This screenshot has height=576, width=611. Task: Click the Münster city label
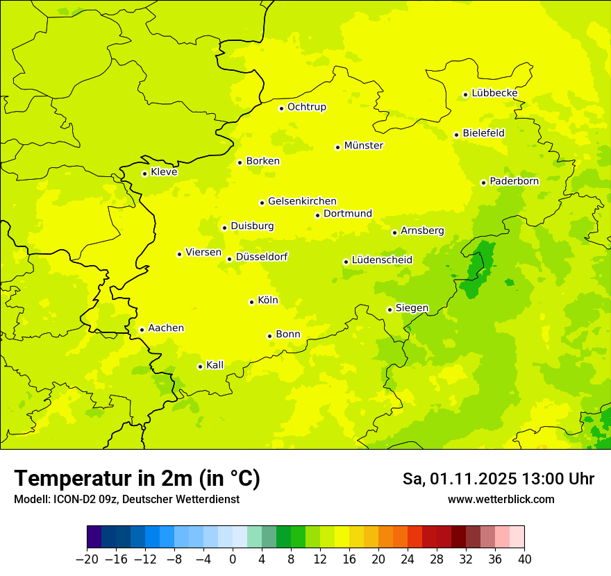pyautogui.click(x=364, y=146)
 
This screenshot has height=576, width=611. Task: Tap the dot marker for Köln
pyautogui.click(x=251, y=302)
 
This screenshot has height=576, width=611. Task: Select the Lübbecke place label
pyautogui.click(x=494, y=93)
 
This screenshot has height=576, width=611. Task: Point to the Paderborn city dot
pyautogui.click(x=483, y=183)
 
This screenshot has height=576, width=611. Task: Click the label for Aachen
pyautogui.click(x=166, y=328)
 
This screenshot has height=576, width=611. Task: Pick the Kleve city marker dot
pyautogui.click(x=144, y=173)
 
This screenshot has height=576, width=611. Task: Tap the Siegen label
pyautogui.click(x=412, y=308)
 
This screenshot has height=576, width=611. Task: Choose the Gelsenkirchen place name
pyautogui.click(x=302, y=201)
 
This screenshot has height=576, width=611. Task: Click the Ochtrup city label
pyautogui.click(x=306, y=107)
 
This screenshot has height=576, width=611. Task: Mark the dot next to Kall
pyautogui.click(x=200, y=366)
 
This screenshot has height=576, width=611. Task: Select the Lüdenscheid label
pyautogui.click(x=382, y=260)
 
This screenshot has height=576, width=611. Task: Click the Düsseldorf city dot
pyautogui.click(x=229, y=259)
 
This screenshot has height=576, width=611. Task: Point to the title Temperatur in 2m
pyautogui.click(x=137, y=479)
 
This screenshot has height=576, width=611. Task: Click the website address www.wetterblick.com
pyautogui.click(x=501, y=499)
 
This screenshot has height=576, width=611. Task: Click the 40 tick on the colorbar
pyautogui.click(x=524, y=559)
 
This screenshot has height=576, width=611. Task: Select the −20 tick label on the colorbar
pyautogui.click(x=87, y=559)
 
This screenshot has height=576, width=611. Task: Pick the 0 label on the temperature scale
pyautogui.click(x=233, y=559)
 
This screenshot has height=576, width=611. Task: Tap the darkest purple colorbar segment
pyautogui.click(x=94, y=537)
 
